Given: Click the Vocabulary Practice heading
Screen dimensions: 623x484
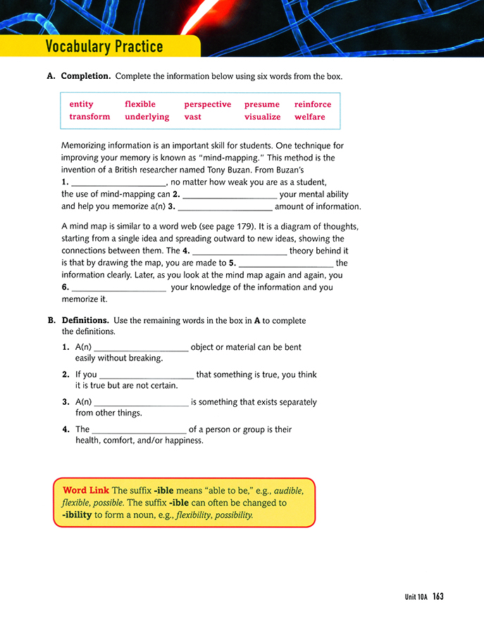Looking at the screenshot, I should click(104, 46).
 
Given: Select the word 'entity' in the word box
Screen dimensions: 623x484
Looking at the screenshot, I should click(81, 104).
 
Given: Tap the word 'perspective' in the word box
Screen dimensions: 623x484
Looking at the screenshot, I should click(207, 104).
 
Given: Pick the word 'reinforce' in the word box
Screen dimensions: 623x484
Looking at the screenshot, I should click(312, 104).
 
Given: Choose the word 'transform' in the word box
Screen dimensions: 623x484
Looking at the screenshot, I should click(89, 117).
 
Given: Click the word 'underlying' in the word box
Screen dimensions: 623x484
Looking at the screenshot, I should click(147, 117).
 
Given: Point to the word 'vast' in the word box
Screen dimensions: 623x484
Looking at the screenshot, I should click(192, 117).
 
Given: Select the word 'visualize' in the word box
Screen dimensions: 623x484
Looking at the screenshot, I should click(262, 117).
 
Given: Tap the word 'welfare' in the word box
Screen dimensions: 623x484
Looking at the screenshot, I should click(309, 117).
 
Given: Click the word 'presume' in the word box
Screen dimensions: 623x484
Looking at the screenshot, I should click(261, 104).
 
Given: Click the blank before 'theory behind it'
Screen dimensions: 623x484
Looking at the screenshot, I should click(240, 251).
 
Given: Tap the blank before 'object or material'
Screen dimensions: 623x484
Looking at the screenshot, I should click(141, 348).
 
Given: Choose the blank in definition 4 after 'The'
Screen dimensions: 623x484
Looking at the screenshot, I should click(139, 429).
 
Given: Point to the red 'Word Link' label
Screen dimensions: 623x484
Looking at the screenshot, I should click(86, 491).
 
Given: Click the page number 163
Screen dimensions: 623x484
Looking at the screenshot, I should click(438, 596).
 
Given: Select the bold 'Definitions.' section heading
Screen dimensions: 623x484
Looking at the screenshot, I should click(85, 320).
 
